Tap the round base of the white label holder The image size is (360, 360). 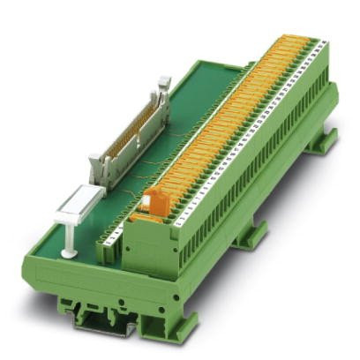point(66,254)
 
